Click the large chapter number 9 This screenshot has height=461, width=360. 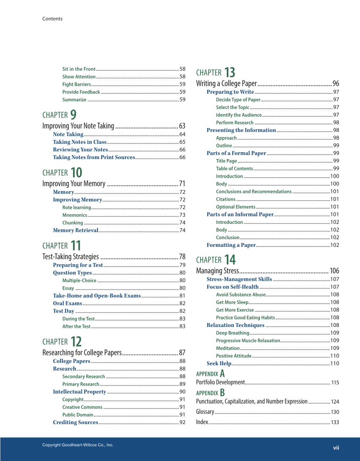click(73, 115)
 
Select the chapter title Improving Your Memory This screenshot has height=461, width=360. click(74, 184)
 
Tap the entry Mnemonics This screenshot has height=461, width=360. click(75, 215)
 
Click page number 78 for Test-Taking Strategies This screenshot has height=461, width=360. click(182, 257)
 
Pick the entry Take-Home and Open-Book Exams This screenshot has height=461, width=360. click(97, 296)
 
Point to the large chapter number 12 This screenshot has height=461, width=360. click(76, 341)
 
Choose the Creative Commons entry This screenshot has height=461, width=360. click(82, 407)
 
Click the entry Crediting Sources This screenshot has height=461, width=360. click(75, 422)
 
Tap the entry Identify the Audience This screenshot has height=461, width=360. click(239, 115)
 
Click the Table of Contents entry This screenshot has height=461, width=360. click(234, 169)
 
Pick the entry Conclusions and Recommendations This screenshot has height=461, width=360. click(254, 192)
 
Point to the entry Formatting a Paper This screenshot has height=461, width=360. click(231, 245)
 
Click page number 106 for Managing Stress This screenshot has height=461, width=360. click(334, 271)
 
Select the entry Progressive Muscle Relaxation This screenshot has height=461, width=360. click(248, 341)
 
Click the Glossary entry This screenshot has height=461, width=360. click(205, 412)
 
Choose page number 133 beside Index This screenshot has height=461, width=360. click(335, 422)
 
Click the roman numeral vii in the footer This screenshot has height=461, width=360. click(336, 447)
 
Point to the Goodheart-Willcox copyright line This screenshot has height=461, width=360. click(78, 445)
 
